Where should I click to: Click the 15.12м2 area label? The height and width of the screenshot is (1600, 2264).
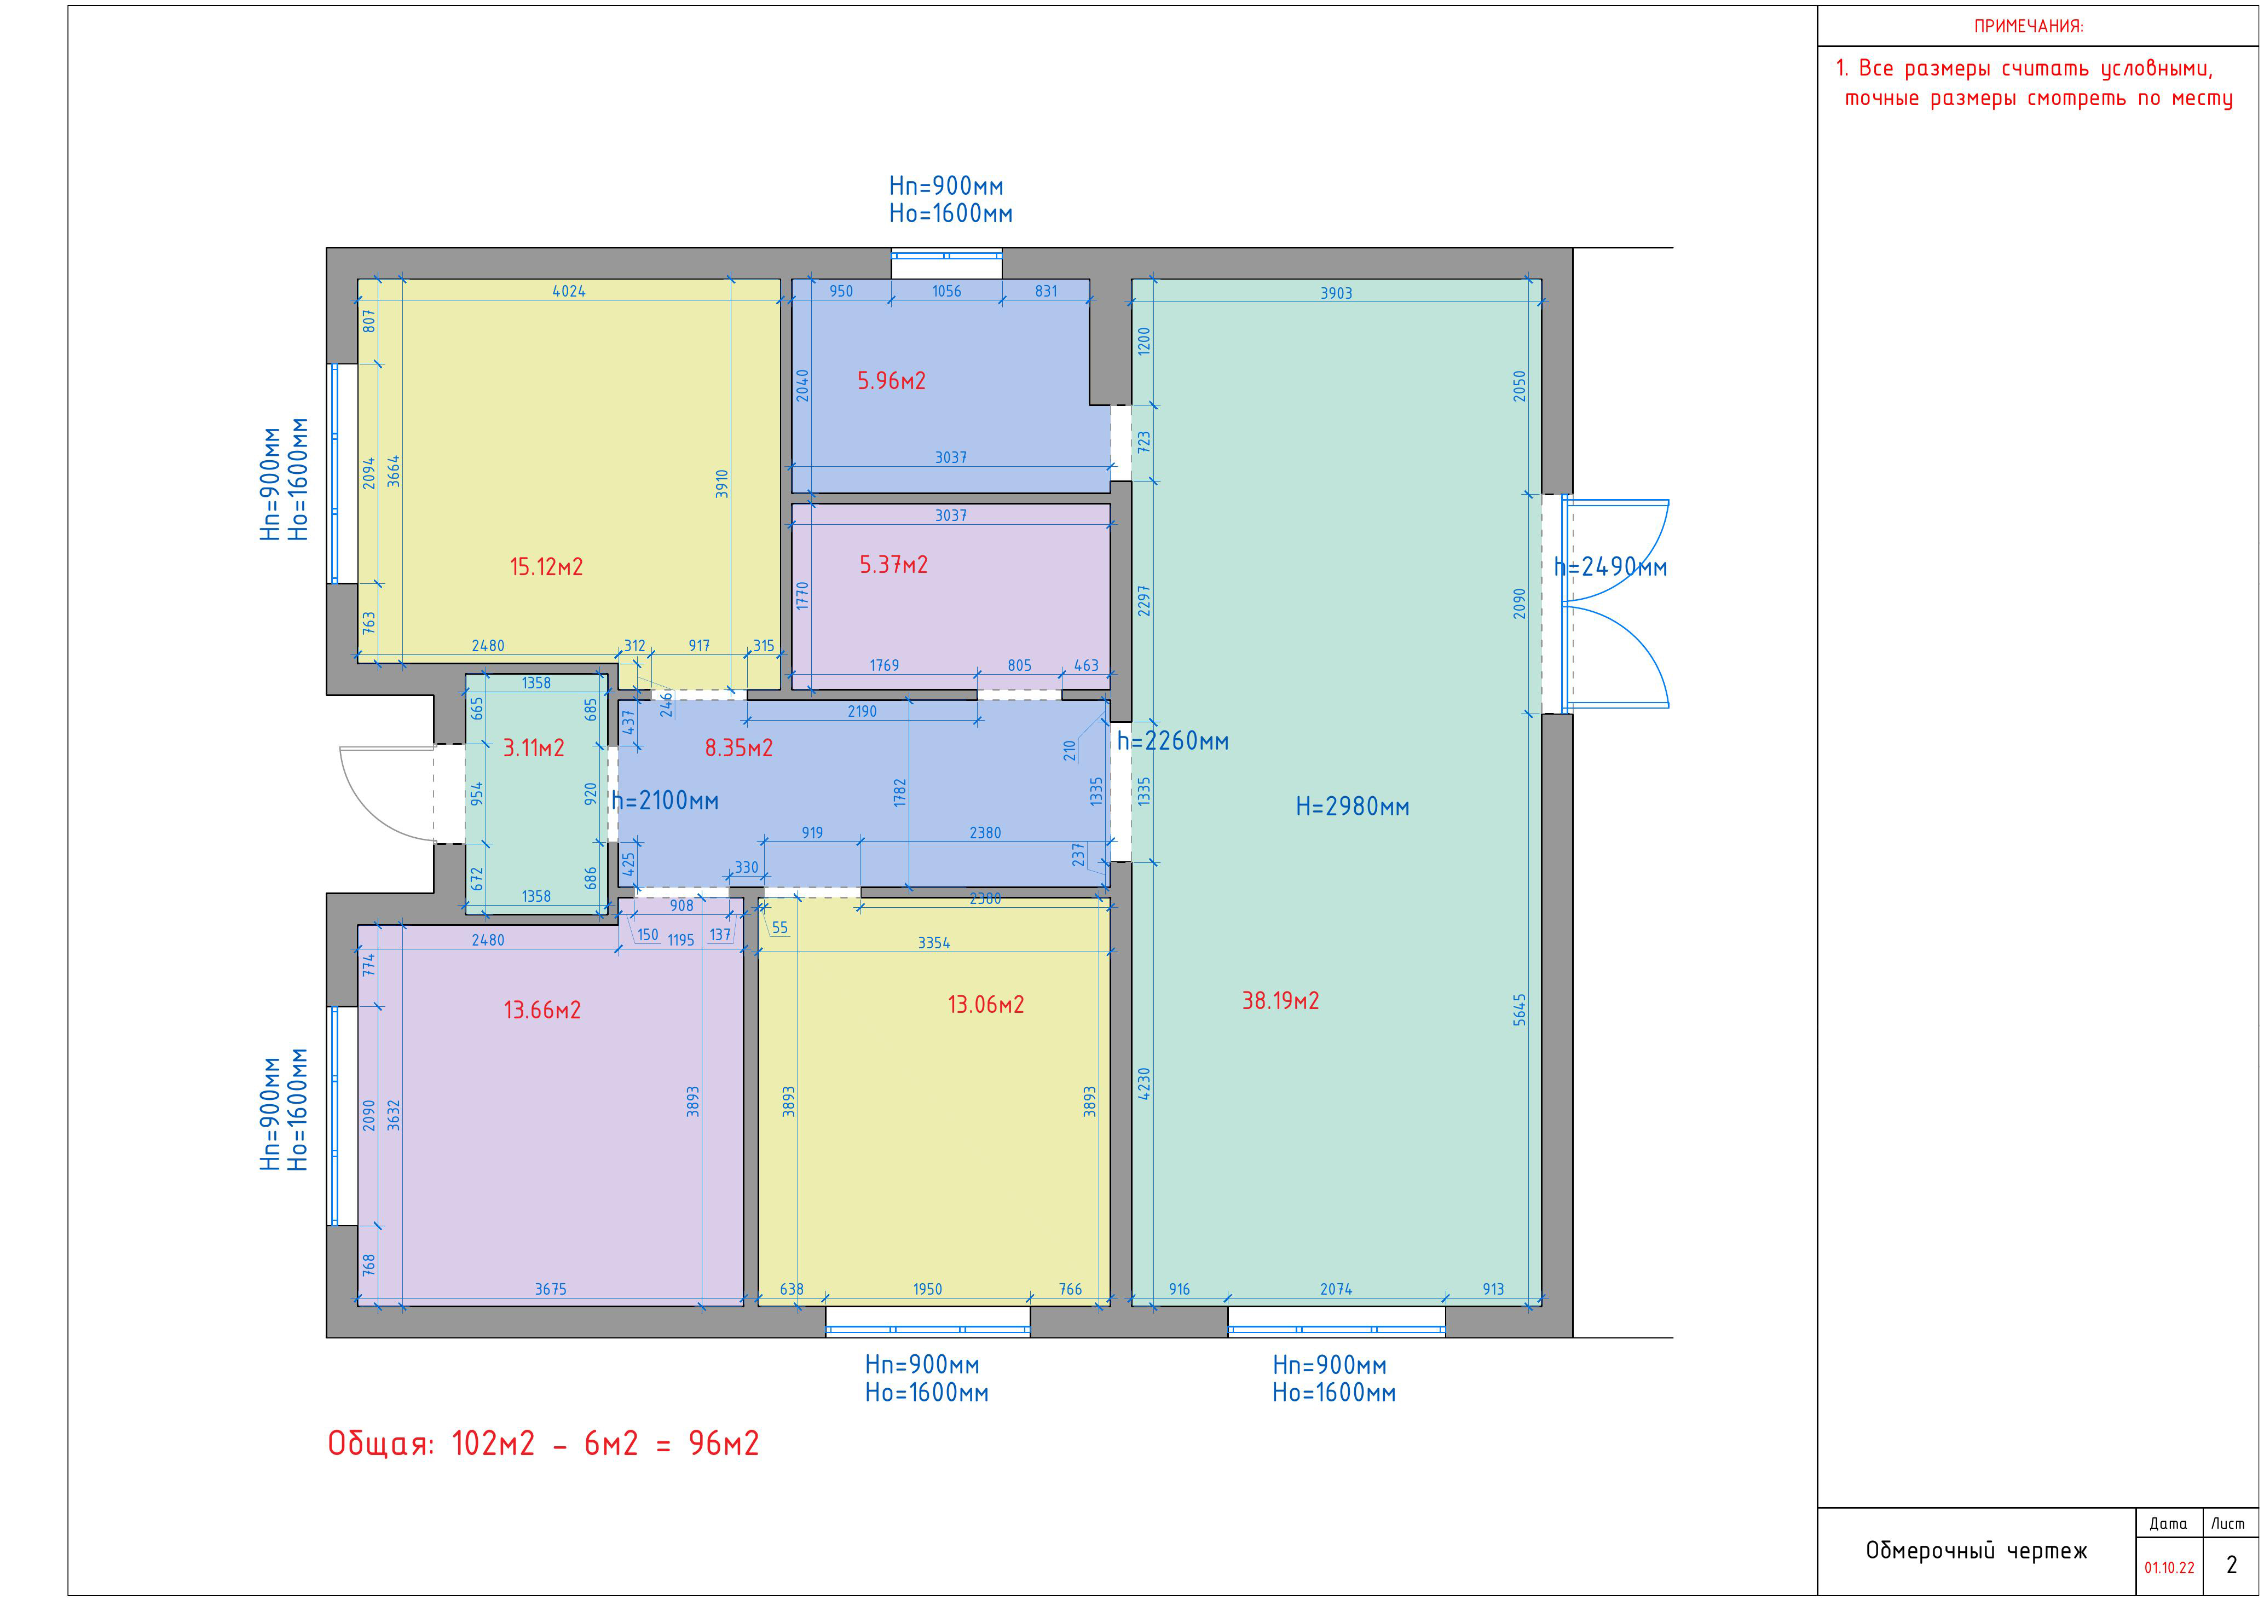point(546,567)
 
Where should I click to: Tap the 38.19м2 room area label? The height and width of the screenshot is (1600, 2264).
point(1280,1001)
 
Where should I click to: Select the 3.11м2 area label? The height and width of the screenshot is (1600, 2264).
point(534,748)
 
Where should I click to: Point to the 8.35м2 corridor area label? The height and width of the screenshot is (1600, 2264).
point(738,748)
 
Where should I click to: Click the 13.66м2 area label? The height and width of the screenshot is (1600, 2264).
point(542,1011)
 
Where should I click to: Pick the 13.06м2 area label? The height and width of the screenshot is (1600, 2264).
point(986,1005)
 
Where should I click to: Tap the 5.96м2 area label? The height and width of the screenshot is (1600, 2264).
point(891,380)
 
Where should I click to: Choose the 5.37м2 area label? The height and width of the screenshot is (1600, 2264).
point(893,565)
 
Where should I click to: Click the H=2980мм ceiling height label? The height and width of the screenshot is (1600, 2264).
point(1353,807)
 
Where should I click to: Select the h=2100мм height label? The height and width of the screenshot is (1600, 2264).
point(666,801)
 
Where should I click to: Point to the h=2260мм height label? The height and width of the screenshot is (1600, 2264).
point(1174,741)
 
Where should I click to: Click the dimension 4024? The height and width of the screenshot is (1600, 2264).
point(569,291)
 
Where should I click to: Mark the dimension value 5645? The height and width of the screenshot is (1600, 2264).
point(1520,1010)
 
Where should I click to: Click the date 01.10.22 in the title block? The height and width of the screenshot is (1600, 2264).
point(2169,1568)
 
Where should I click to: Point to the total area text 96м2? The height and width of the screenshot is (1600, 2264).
point(724,1444)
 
